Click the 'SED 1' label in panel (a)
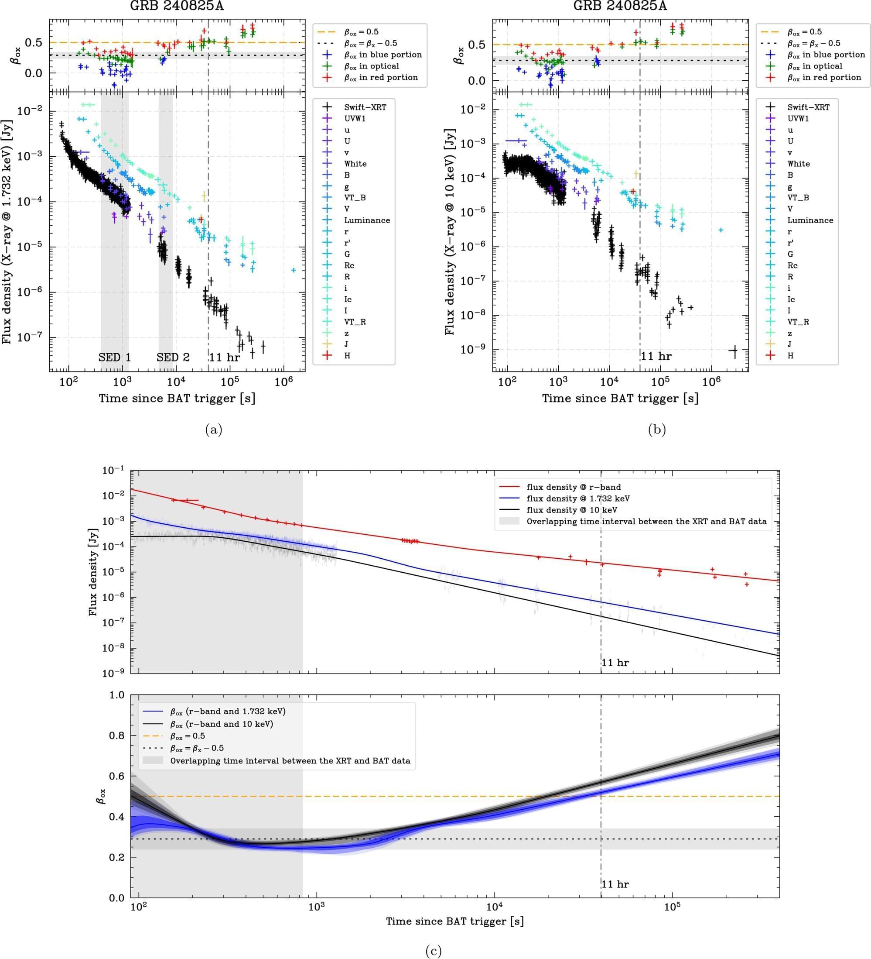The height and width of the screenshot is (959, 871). pyautogui.click(x=115, y=357)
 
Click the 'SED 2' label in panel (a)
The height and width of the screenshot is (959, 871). pyautogui.click(x=173, y=357)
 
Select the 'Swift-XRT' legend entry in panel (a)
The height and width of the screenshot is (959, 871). pyautogui.click(x=365, y=107)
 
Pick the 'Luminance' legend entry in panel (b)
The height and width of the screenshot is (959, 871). pyautogui.click(x=810, y=220)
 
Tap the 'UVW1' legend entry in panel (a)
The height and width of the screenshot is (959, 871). pyautogui.click(x=355, y=119)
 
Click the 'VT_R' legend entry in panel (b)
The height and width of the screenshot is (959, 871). pyautogui.click(x=798, y=322)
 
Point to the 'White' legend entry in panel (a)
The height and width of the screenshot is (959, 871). pyautogui.click(x=355, y=164)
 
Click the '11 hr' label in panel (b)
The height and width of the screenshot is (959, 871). pyautogui.click(x=656, y=356)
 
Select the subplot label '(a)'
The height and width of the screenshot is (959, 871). pyautogui.click(x=213, y=430)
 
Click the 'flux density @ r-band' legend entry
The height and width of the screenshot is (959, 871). pyautogui.click(x=574, y=487)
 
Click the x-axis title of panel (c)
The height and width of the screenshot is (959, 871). pyautogui.click(x=454, y=921)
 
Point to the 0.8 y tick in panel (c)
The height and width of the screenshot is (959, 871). pyautogui.click(x=116, y=736)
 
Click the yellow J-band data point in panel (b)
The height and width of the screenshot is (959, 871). pyautogui.click(x=636, y=175)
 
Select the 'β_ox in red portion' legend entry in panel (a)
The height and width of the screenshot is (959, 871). pyautogui.click(x=381, y=78)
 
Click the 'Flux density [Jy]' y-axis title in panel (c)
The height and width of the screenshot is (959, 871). pyautogui.click(x=93, y=571)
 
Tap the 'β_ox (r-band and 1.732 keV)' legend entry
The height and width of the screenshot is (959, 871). pyautogui.click(x=228, y=712)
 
